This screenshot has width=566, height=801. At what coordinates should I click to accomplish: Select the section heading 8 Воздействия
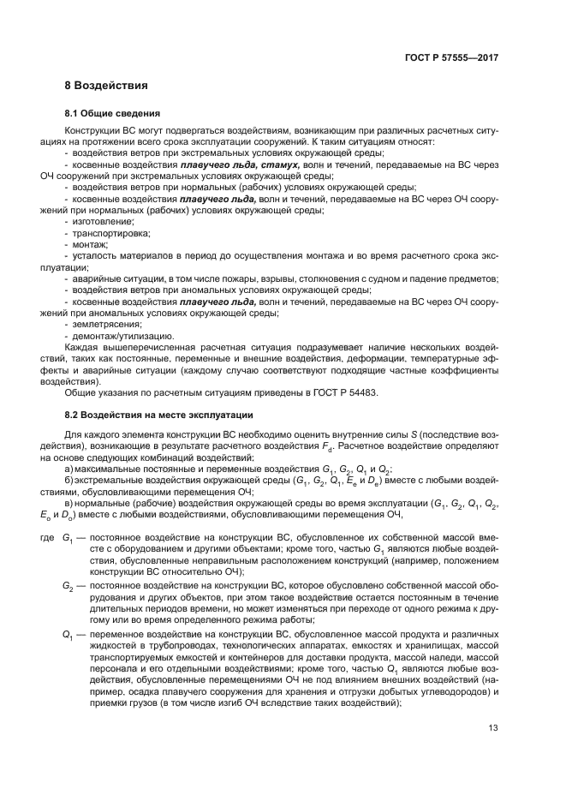click(x=107, y=86)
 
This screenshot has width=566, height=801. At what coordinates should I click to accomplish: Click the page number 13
click(x=493, y=728)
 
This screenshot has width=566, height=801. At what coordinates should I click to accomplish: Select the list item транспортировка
click(x=107, y=232)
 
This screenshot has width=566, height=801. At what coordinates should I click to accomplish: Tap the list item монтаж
click(x=90, y=244)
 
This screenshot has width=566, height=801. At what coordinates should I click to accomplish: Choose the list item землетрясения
click(x=103, y=325)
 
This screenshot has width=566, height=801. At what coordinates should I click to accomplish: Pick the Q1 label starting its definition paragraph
click(x=68, y=634)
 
